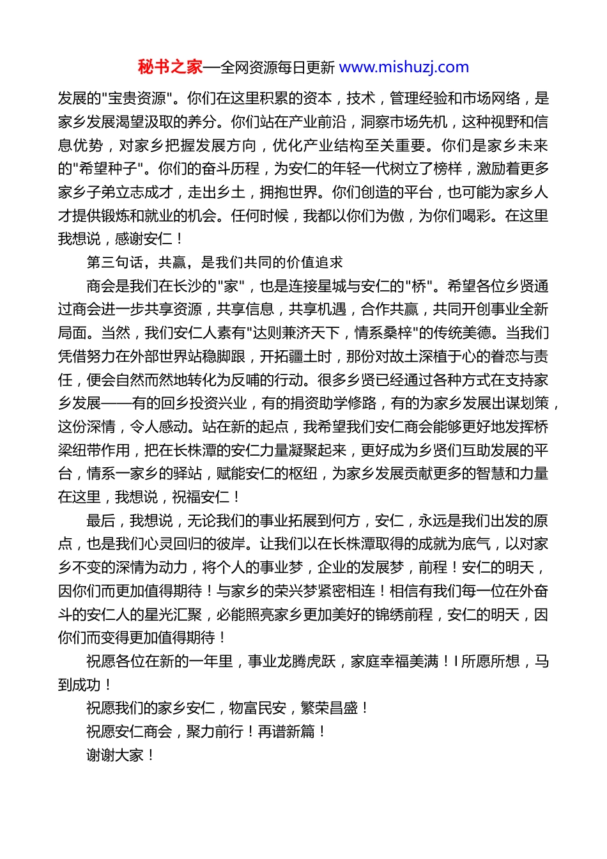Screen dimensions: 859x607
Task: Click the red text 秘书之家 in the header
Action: tap(170, 67)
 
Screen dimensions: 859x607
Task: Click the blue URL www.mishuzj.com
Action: tap(404, 67)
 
